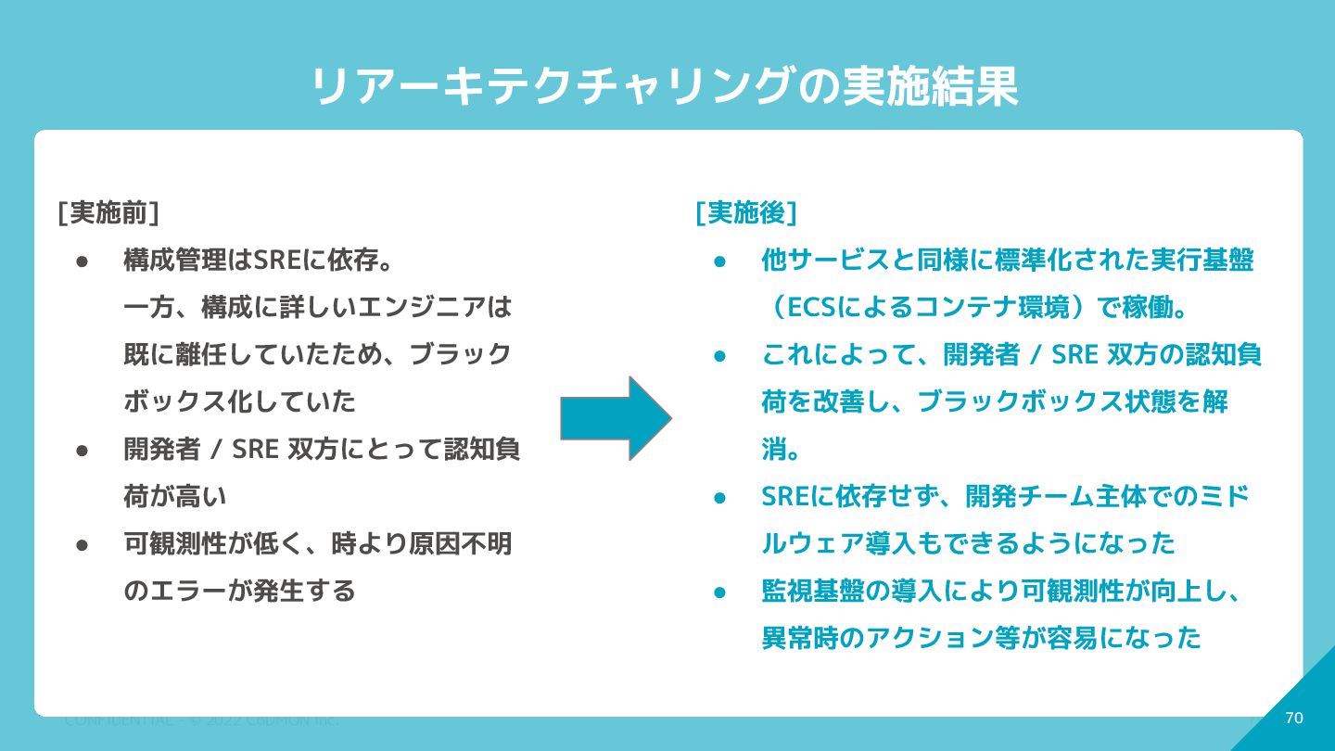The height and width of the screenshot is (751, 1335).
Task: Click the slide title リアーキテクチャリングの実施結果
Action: [x=664, y=87]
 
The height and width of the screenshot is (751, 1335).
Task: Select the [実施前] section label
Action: [x=108, y=212]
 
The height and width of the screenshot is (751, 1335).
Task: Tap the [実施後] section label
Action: [x=746, y=212]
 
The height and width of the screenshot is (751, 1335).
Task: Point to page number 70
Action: [x=1294, y=718]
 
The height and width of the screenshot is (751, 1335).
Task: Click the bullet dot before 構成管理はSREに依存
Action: [x=82, y=261]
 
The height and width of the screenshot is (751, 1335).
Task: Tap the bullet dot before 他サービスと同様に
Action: [x=719, y=261]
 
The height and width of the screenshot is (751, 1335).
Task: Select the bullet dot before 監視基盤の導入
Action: [x=719, y=592]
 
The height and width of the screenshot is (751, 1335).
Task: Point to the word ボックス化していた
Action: [x=239, y=401]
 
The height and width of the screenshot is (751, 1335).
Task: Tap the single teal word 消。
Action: [x=782, y=450]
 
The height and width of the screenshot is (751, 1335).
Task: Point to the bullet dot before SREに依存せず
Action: [x=719, y=497]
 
